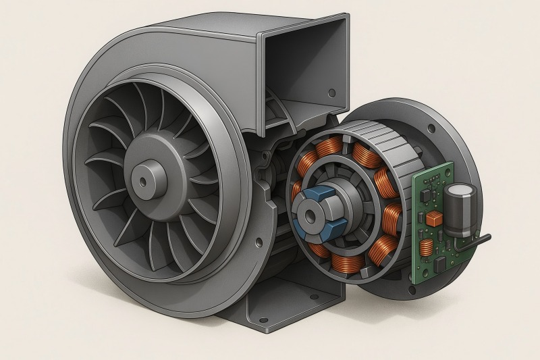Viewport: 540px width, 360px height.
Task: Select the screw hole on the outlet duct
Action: tap(331, 93)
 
